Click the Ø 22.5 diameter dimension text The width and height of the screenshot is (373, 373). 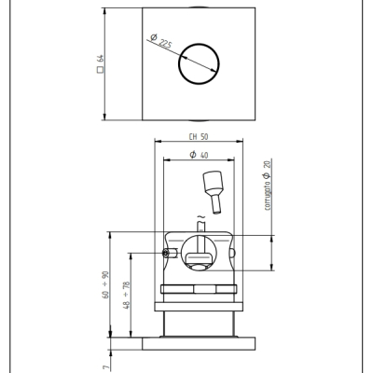tap(160, 41)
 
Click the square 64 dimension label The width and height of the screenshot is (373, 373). tap(100, 63)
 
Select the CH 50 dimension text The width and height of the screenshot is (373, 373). tap(199, 137)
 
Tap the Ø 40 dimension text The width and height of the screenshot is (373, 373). tap(199, 155)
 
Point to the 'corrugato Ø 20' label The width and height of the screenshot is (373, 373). tap(268, 185)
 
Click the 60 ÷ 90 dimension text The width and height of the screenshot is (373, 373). tap(105, 284)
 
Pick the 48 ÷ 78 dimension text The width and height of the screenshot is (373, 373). tap(127, 295)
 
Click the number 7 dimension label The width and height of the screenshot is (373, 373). tap(106, 367)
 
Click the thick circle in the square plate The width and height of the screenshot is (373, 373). tap(199, 44)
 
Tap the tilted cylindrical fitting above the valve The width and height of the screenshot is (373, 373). tap(214, 191)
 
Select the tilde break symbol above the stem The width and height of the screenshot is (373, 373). tap(201, 216)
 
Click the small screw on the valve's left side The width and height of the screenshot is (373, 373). tap(166, 254)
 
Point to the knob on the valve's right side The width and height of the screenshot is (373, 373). tap(232, 253)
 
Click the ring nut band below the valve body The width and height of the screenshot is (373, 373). tap(199, 289)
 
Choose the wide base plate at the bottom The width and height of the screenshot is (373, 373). tap(199, 343)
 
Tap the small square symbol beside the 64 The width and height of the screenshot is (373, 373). tap(100, 70)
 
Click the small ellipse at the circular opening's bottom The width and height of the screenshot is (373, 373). tap(199, 267)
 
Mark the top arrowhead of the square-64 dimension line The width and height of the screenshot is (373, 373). tap(104, 11)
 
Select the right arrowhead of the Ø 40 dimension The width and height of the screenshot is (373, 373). tap(230, 160)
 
